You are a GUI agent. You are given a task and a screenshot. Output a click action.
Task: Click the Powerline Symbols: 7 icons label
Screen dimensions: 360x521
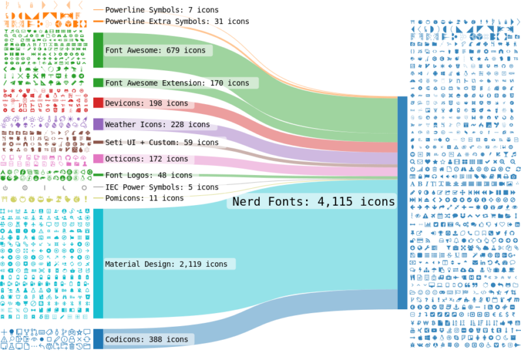165,10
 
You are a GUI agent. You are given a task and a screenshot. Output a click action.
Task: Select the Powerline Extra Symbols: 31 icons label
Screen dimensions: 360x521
176,21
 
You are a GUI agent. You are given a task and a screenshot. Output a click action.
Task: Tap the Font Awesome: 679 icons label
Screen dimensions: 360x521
155,50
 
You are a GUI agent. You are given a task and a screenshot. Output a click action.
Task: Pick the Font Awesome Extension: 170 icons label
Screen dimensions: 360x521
176,83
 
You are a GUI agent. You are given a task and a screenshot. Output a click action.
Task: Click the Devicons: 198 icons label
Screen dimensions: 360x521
146,104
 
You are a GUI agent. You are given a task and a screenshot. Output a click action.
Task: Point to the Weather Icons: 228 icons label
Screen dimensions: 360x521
157,124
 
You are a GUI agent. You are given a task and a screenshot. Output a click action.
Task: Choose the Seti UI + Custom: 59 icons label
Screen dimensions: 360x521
162,143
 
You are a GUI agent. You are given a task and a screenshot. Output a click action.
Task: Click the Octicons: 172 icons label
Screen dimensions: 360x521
146,159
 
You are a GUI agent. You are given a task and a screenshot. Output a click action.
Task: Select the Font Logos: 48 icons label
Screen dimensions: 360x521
148,175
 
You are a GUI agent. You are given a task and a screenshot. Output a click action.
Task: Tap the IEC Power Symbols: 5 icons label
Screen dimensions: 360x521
153,187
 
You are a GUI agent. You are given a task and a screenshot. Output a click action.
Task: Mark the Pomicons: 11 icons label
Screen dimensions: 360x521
144,198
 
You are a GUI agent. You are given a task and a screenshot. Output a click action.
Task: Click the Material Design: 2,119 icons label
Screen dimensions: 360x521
166,264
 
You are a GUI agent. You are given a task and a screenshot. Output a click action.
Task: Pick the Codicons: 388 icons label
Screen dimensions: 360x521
146,339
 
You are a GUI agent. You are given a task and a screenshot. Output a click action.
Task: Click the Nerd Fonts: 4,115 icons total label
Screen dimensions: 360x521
313,202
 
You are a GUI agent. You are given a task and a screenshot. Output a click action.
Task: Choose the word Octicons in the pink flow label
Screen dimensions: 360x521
124,159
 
